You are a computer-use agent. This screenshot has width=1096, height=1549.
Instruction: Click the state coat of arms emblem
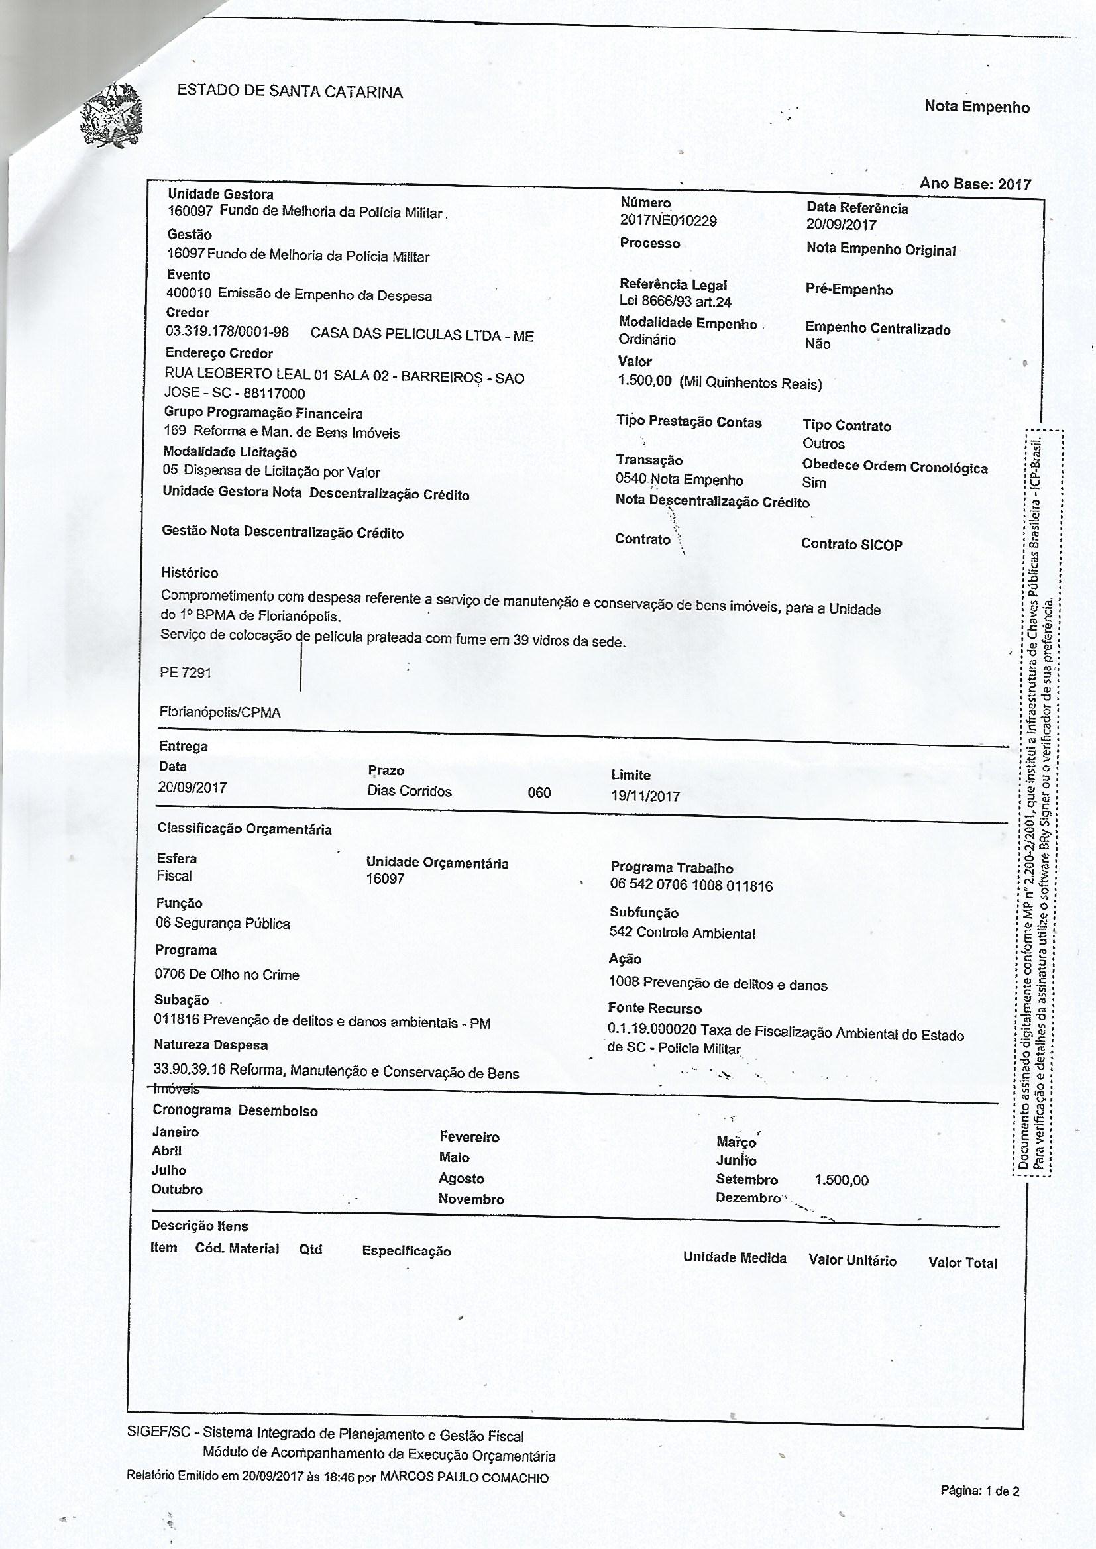(111, 115)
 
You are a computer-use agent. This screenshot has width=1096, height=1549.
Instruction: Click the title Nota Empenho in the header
(977, 107)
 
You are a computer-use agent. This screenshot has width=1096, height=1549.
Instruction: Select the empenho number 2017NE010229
(667, 221)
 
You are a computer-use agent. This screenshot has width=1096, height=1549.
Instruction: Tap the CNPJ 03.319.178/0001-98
(227, 332)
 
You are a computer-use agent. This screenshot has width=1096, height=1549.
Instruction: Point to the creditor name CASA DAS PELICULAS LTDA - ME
(422, 335)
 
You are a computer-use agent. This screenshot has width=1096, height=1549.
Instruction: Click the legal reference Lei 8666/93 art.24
(675, 301)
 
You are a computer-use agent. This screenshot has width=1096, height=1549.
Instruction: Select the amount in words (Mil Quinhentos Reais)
(751, 383)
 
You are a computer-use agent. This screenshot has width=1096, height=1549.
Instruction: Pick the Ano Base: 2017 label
(975, 184)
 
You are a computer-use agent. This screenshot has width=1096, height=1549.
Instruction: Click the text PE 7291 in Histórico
(186, 672)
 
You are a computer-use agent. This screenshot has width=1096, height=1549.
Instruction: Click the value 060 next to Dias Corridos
(539, 792)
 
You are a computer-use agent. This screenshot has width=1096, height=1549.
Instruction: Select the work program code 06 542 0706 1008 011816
(691, 886)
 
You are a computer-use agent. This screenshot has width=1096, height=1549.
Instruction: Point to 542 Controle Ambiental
(682, 933)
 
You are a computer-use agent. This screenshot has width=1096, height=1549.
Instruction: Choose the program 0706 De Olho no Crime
(227, 974)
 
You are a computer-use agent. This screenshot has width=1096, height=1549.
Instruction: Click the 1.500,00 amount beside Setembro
(842, 1180)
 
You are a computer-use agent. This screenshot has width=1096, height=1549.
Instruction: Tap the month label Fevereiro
(469, 1138)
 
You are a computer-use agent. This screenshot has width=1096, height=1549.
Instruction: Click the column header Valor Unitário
(852, 1261)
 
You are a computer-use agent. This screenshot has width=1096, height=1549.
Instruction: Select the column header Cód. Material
(237, 1248)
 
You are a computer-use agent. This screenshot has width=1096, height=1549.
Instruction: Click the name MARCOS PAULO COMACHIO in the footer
(465, 1477)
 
